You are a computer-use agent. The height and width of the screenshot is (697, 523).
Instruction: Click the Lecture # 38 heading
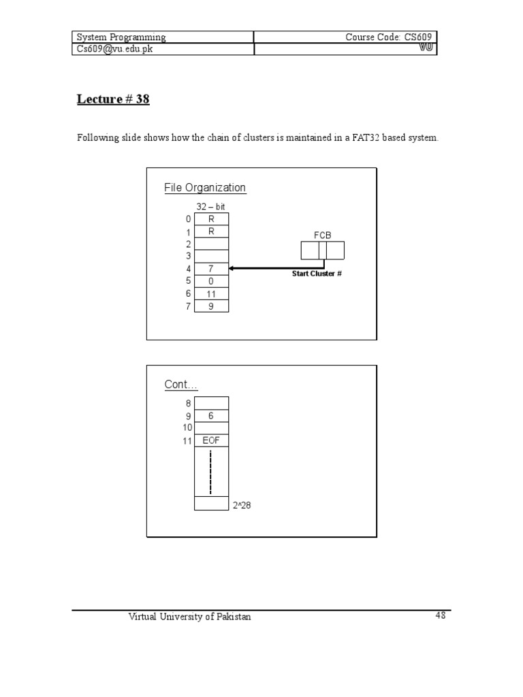(112, 99)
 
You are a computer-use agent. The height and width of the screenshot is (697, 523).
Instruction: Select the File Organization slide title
(205, 188)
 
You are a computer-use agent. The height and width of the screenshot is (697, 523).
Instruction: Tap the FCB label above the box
(322, 235)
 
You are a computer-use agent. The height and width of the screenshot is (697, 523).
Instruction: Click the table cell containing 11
(211, 293)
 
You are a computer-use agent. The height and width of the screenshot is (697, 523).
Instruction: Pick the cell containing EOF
(211, 440)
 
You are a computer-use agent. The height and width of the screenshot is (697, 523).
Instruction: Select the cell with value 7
(211, 269)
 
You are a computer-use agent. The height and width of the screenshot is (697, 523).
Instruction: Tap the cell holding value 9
(211, 306)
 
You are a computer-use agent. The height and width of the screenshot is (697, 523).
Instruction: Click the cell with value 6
(211, 416)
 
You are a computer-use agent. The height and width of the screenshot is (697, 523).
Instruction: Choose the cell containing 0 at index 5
(211, 281)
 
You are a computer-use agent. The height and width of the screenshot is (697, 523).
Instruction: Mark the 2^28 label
(242, 505)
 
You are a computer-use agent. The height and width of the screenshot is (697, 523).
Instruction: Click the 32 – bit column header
(210, 206)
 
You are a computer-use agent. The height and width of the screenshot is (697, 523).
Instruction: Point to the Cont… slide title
(181, 385)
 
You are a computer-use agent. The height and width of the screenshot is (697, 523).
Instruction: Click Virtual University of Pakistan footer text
(190, 617)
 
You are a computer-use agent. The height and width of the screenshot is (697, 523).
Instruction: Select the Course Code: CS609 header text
(389, 37)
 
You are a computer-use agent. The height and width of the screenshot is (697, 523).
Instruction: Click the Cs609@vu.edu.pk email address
(114, 50)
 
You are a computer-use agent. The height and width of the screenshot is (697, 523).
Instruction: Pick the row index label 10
(187, 427)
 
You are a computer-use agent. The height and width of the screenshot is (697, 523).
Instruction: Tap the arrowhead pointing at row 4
(232, 269)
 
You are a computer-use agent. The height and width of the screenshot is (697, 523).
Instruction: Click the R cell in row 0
(211, 219)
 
